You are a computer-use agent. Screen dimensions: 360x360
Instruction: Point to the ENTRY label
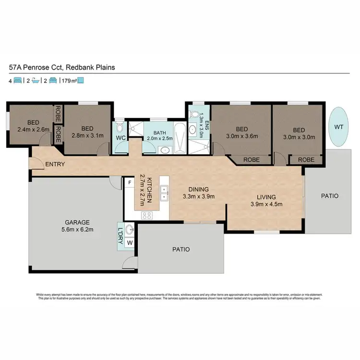click(x=55, y=165)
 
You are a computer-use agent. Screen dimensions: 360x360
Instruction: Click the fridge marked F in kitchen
click(x=130, y=183)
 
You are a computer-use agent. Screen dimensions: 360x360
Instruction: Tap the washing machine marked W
click(x=129, y=243)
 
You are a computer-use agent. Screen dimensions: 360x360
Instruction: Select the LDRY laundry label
click(x=120, y=235)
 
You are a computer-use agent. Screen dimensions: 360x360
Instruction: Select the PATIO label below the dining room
click(x=181, y=250)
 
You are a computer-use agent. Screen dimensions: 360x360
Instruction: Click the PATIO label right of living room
click(x=329, y=196)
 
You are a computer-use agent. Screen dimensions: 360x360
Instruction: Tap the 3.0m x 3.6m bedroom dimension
click(x=241, y=136)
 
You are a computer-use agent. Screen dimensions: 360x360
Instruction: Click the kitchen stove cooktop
click(x=146, y=216)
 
